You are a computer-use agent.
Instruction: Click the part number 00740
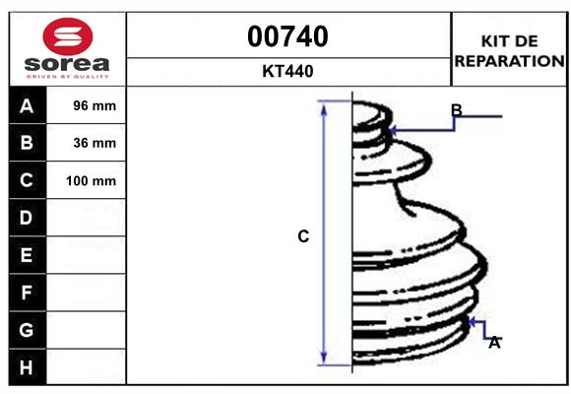(x=288, y=37)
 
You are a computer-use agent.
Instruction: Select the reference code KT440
(x=288, y=71)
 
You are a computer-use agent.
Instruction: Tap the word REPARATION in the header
(x=509, y=60)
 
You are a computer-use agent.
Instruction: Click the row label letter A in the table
(x=27, y=106)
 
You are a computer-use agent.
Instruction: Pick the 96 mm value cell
(x=95, y=106)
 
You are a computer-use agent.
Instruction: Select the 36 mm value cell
(x=95, y=143)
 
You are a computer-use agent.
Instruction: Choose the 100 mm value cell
(x=91, y=181)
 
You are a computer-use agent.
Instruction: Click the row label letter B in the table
(x=27, y=143)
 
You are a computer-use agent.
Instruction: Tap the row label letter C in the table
(x=27, y=181)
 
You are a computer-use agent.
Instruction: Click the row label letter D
(x=27, y=218)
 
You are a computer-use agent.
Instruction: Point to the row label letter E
(x=27, y=255)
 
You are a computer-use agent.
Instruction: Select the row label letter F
(x=27, y=293)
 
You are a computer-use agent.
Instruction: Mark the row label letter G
(x=27, y=330)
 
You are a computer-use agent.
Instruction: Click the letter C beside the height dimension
(x=303, y=236)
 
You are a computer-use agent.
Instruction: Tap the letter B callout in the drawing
(x=456, y=109)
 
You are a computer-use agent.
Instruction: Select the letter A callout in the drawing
(x=495, y=343)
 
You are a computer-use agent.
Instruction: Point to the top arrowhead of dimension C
(x=323, y=105)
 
